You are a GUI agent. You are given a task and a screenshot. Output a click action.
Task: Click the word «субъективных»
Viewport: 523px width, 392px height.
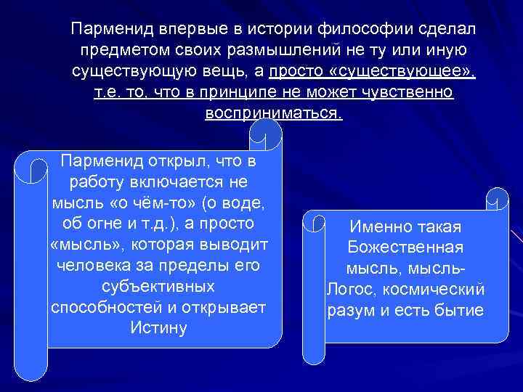click(158, 286)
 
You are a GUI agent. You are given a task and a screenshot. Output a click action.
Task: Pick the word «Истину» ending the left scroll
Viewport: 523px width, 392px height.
click(158, 327)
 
